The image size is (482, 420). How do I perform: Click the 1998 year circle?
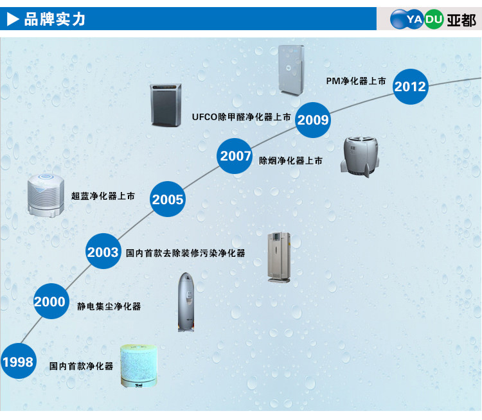coord(18,362)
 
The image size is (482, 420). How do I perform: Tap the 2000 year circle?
coord(50,301)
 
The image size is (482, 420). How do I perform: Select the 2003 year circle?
coord(103,252)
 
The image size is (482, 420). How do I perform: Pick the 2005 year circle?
coord(168,199)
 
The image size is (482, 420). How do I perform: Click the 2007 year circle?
coord(235,156)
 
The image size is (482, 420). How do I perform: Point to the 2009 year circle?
coord(313,119)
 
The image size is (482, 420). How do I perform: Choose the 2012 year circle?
coord(410,86)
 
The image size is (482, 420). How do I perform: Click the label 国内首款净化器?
coord(81,366)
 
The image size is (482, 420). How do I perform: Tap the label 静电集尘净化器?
coord(109,306)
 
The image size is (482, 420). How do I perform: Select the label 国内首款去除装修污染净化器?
coord(186,253)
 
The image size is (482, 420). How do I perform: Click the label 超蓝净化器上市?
coord(103,196)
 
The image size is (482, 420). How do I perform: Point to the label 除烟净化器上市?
coord(290,161)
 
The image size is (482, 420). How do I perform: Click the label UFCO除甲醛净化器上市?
coord(241,118)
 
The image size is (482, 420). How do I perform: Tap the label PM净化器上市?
coord(355,82)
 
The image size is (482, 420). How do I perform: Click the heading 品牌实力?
coord(55,19)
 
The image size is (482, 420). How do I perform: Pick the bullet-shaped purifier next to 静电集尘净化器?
coord(186,302)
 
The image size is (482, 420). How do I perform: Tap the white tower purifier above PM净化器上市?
coord(290,69)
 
